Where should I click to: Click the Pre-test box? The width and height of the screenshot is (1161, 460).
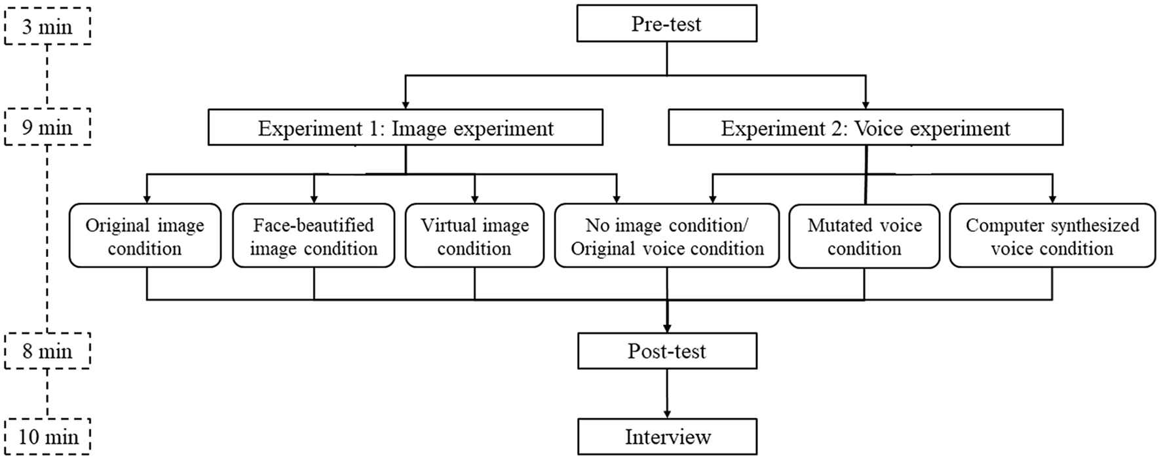click(666, 24)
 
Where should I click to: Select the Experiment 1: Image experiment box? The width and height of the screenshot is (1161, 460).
click(405, 128)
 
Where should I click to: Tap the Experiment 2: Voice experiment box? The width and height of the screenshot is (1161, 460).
click(865, 128)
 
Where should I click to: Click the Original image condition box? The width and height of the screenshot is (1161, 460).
click(145, 236)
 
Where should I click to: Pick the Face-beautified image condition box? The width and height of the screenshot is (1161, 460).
click(313, 236)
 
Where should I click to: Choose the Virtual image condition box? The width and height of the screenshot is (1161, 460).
click(474, 236)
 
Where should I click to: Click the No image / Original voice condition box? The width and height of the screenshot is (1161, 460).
click(666, 236)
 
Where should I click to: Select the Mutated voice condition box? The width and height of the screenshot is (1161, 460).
click(864, 236)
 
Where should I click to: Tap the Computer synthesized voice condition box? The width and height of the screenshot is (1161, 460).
click(1052, 236)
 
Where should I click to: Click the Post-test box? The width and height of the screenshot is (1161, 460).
click(666, 351)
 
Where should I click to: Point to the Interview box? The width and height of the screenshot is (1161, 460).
click(666, 437)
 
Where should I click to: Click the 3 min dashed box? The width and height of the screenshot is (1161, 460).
click(47, 28)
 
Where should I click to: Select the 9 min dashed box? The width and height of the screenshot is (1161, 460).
click(47, 127)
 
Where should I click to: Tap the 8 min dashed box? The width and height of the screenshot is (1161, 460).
click(47, 351)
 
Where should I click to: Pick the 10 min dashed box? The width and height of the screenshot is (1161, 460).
click(47, 437)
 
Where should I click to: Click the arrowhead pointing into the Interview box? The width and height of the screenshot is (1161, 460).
click(667, 414)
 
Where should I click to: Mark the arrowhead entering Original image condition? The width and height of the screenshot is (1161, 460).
click(146, 199)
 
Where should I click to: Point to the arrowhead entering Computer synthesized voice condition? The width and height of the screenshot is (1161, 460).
click(1052, 199)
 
